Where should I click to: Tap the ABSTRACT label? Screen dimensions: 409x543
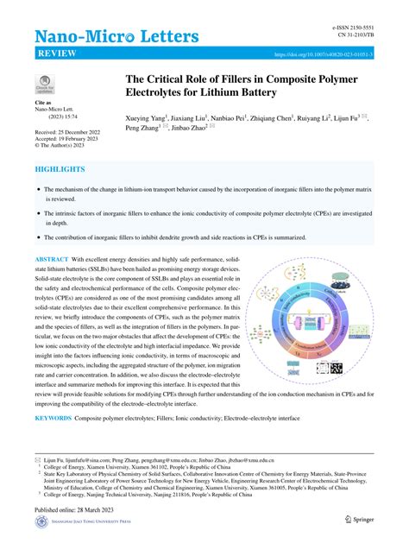click(51, 259)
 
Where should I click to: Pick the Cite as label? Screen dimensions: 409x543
click(43, 102)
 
